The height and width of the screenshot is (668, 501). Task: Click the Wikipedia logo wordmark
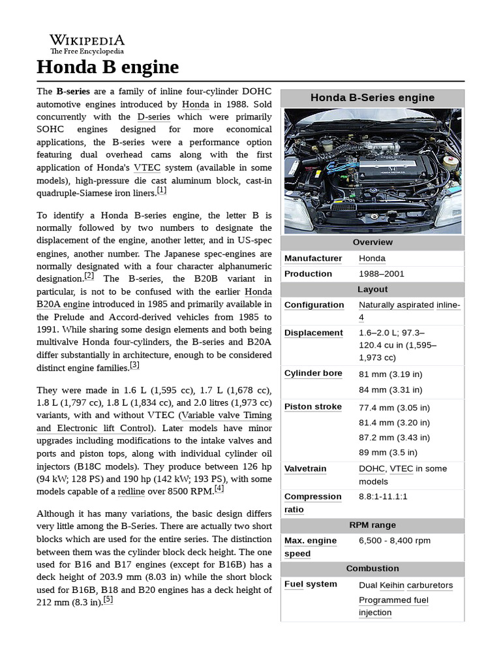click(x=87, y=40)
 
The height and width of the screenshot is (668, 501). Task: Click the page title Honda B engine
click(x=108, y=67)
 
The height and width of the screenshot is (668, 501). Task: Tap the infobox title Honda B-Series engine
click(x=372, y=98)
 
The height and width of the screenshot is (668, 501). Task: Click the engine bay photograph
click(x=372, y=170)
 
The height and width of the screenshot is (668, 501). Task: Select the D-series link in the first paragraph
click(x=154, y=117)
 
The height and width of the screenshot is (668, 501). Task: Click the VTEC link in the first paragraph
click(x=147, y=167)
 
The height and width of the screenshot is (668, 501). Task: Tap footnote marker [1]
click(x=161, y=191)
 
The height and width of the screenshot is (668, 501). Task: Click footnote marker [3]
click(x=134, y=365)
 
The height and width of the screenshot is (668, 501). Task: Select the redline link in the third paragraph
click(x=131, y=491)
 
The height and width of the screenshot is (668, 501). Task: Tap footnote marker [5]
click(x=108, y=600)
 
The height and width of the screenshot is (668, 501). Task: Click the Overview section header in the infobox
click(x=372, y=243)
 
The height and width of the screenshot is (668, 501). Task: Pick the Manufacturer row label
click(x=313, y=258)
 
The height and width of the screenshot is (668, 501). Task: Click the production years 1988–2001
click(x=382, y=274)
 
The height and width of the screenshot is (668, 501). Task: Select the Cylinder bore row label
click(x=313, y=373)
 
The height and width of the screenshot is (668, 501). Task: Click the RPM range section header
click(x=372, y=525)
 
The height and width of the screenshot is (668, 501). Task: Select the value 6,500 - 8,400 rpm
click(x=395, y=541)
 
